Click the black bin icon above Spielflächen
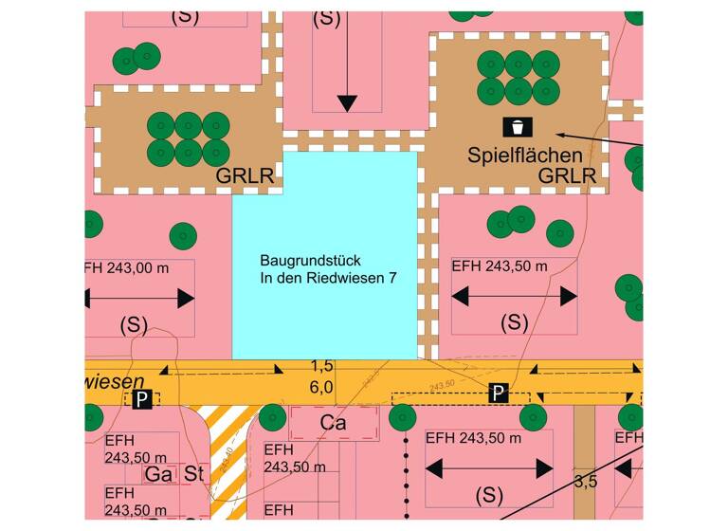(518, 126)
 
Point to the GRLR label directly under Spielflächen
(567, 175)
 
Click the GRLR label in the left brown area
(245, 175)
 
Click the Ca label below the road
(332, 420)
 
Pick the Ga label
(156, 473)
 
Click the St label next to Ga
(195, 473)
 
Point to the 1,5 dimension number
(321, 366)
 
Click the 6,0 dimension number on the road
(321, 387)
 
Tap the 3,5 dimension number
(586, 482)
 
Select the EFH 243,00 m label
(127, 268)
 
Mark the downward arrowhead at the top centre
(346, 102)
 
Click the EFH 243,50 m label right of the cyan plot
(500, 267)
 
